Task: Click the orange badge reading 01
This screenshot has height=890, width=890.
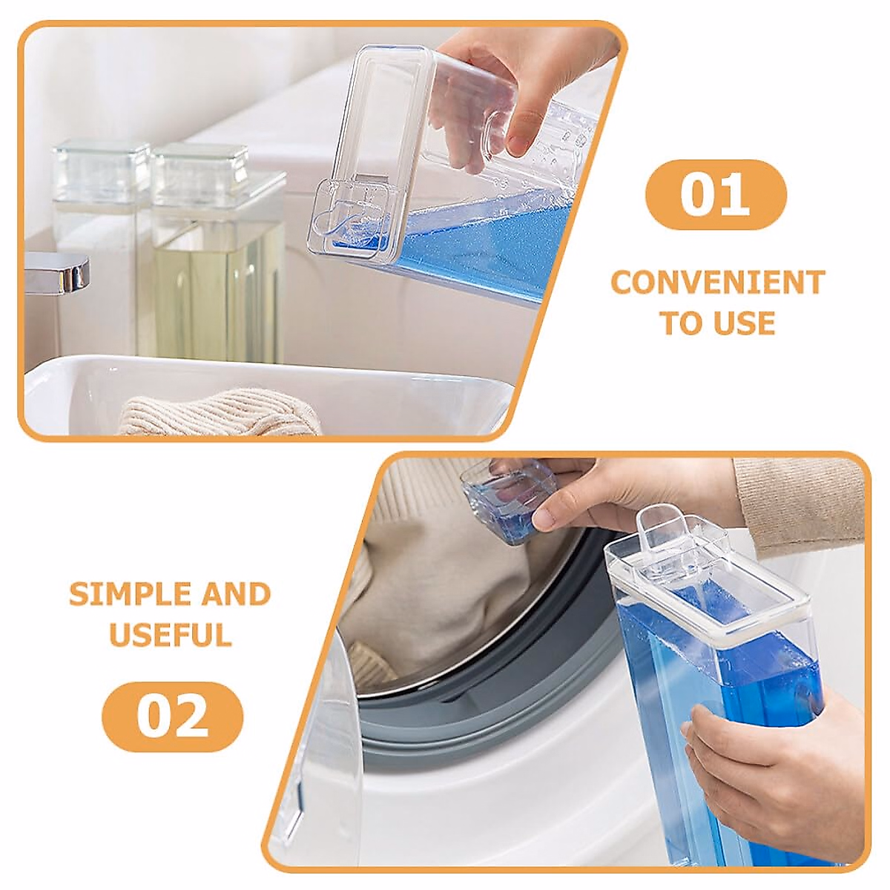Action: (715, 195)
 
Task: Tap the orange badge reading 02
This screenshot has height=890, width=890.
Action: (172, 716)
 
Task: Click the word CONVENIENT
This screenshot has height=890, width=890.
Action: (717, 283)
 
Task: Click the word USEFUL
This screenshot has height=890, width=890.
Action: (170, 635)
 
